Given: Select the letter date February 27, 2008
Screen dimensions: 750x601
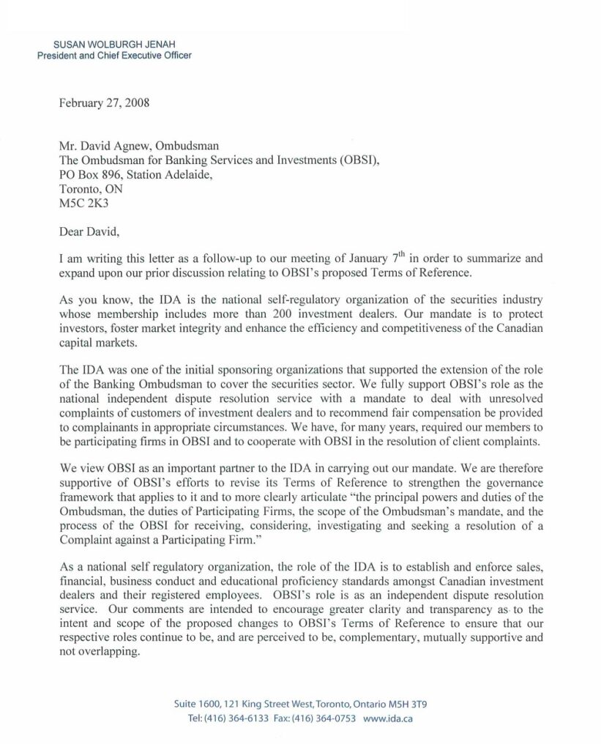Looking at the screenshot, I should (x=104, y=103).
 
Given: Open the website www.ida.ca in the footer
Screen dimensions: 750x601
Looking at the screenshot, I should (x=388, y=719).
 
